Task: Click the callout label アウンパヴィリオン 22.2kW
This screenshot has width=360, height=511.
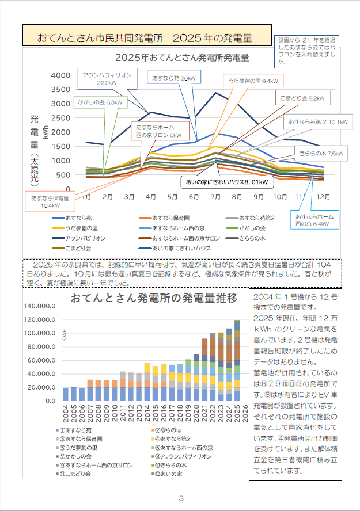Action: pos(107,79)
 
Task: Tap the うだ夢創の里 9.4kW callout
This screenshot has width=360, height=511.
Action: pos(253,81)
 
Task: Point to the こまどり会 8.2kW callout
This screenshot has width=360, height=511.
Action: pos(302,98)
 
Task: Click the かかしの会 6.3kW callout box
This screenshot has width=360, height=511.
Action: pos(100,102)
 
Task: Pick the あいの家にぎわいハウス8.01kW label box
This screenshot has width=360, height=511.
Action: pos(225,183)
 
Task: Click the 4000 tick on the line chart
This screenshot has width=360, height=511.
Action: pos(61,75)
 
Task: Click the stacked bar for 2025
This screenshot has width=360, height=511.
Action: pos(237,360)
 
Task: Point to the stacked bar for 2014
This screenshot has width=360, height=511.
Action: pos(147,382)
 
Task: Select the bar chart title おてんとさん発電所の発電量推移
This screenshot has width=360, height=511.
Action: pos(153,298)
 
